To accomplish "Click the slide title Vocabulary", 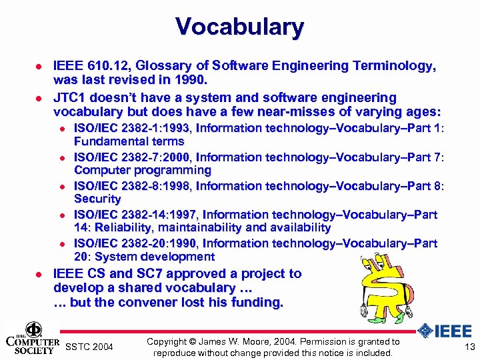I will click(x=240, y=27).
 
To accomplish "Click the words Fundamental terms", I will click(x=129, y=141).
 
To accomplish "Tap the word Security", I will click(x=97, y=199).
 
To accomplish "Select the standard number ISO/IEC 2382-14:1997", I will click(x=135, y=214).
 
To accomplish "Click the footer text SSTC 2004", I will click(x=90, y=347).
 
